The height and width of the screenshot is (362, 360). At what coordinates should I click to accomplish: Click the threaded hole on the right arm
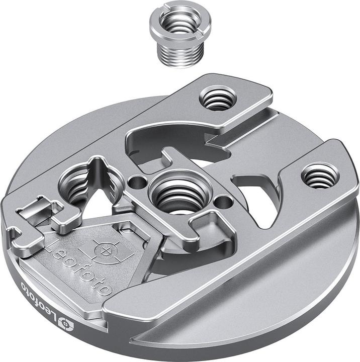[x=320, y=176]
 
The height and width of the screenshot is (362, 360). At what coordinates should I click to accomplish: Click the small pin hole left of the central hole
[x=135, y=180]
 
